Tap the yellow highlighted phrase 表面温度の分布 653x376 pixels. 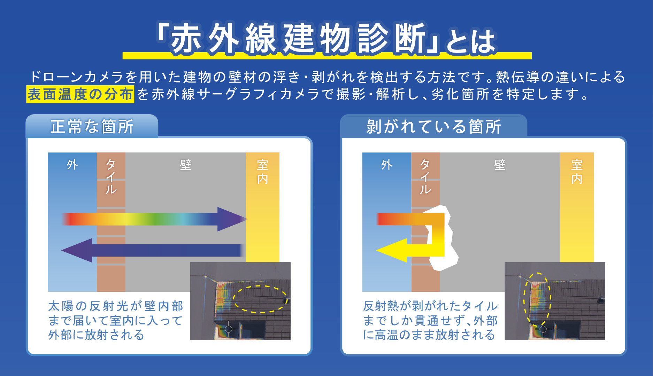80,94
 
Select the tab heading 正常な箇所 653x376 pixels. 92,126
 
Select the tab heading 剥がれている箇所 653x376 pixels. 433,126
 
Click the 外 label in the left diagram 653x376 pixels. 72,164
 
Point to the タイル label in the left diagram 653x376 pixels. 111,177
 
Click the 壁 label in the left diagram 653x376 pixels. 185,165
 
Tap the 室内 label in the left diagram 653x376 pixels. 262,172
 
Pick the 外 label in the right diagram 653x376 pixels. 386,164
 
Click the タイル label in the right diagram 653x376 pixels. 425,177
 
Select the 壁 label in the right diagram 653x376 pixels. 500,165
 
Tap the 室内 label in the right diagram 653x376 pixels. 577,172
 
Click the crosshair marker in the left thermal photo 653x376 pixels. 229,329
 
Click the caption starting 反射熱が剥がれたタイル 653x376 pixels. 430,320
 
